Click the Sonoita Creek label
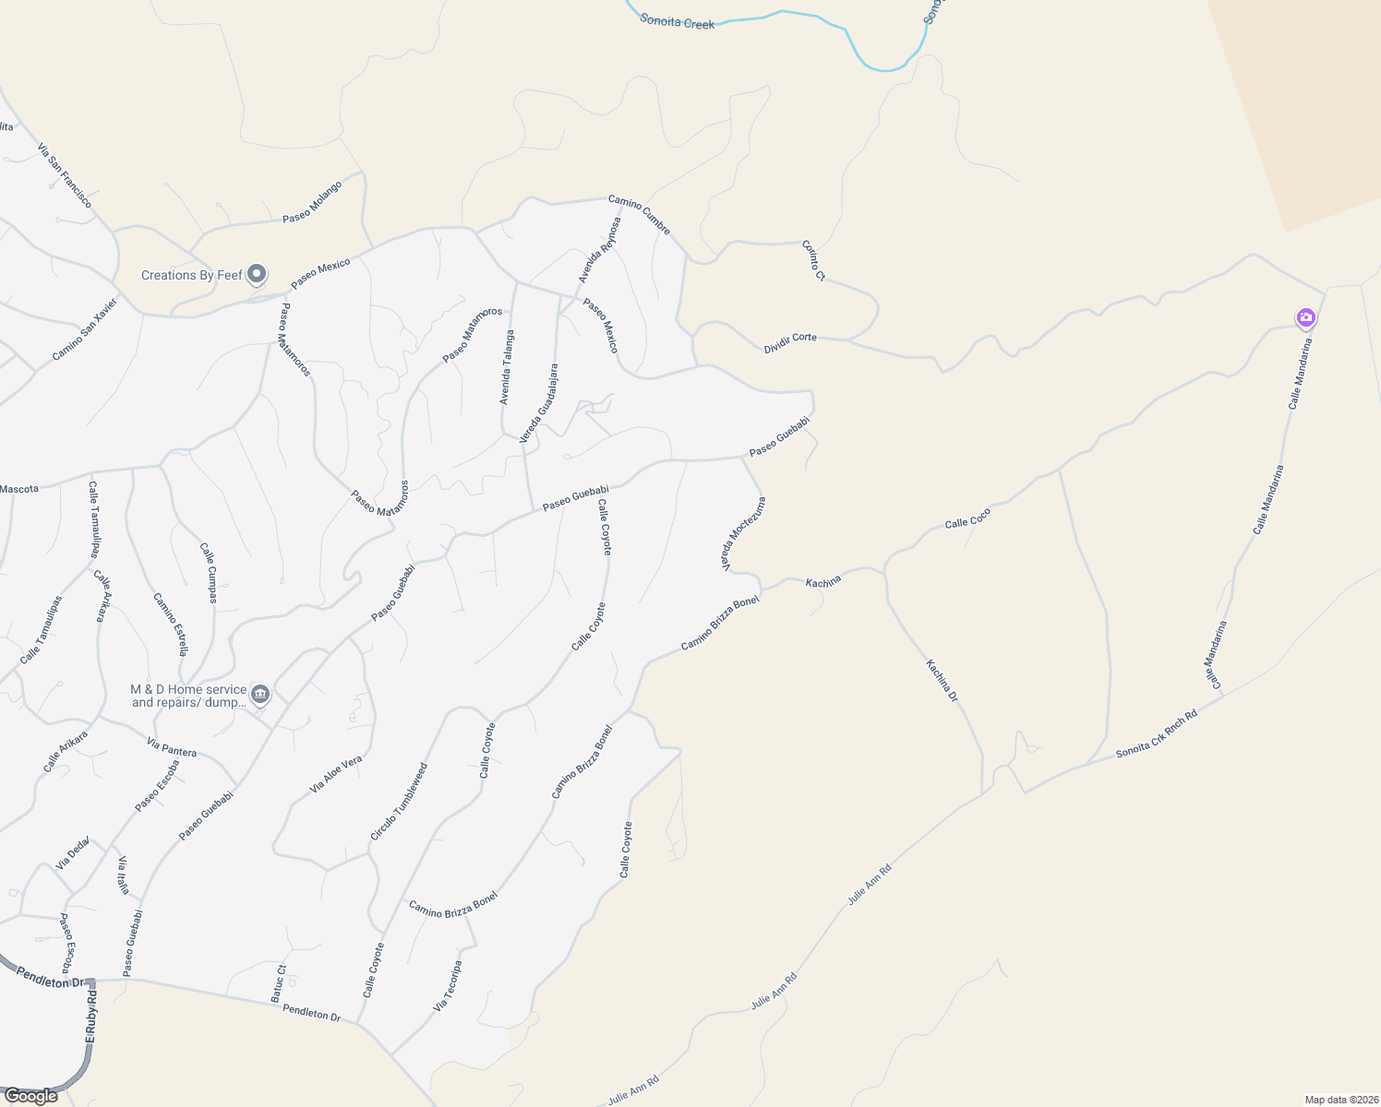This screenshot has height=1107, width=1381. pyautogui.click(x=677, y=21)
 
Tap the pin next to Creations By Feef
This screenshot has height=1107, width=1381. pyautogui.click(x=258, y=274)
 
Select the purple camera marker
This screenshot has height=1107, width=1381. pyautogui.click(x=1305, y=318)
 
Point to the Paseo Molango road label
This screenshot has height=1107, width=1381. pyautogui.click(x=312, y=202)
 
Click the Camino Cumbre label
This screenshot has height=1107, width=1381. pyautogui.click(x=639, y=214)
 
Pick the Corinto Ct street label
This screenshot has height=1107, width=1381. pyautogui.click(x=813, y=260)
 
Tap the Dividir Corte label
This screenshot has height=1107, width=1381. pyautogui.click(x=790, y=342)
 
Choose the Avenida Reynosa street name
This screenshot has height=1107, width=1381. pyautogui.click(x=600, y=250)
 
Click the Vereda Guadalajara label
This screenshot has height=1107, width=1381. pyautogui.click(x=539, y=403)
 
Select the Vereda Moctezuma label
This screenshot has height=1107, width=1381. pyautogui.click(x=745, y=534)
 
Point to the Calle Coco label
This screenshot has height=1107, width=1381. pyautogui.click(x=967, y=518)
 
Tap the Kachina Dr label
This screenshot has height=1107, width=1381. pyautogui.click(x=943, y=681)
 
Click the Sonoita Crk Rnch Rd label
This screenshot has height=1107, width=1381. pyautogui.click(x=1156, y=733)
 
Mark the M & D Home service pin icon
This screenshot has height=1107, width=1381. pyautogui.click(x=260, y=694)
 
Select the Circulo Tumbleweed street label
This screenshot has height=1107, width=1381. pyautogui.click(x=399, y=802)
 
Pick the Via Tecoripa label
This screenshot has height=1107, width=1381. pyautogui.click(x=448, y=986)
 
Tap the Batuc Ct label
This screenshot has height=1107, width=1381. pyautogui.click(x=278, y=983)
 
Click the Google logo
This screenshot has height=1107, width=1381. pyautogui.click(x=30, y=1096)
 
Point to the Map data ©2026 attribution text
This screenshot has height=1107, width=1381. pyautogui.click(x=1340, y=1100)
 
